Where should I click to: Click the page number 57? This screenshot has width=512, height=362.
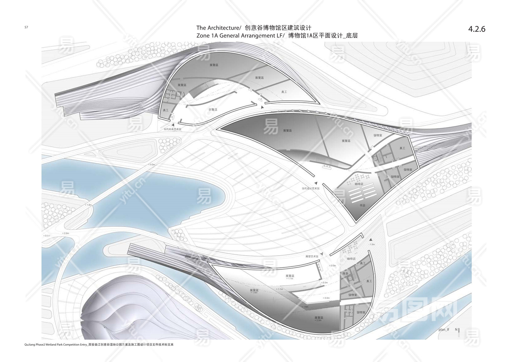coord(26,27)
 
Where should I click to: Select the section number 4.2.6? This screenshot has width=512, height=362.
coord(476,29)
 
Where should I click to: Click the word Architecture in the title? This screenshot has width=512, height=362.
coord(223,28)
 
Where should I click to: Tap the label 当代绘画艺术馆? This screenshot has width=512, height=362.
coord(172,129)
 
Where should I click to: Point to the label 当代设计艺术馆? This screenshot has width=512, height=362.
coord(310,188)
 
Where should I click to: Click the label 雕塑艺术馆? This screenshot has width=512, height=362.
coord(312,256)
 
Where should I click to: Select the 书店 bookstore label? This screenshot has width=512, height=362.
coord(362,205)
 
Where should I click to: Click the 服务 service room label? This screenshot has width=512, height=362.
coord(345,273)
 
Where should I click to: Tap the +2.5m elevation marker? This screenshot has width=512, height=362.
coord(319,320)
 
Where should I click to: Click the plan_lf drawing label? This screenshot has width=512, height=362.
coord(444,329)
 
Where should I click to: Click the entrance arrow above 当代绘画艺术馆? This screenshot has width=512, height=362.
coord(173,125)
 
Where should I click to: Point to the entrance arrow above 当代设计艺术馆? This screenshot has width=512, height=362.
coord(316,183)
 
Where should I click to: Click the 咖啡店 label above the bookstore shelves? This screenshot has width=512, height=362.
coord(359,184)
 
